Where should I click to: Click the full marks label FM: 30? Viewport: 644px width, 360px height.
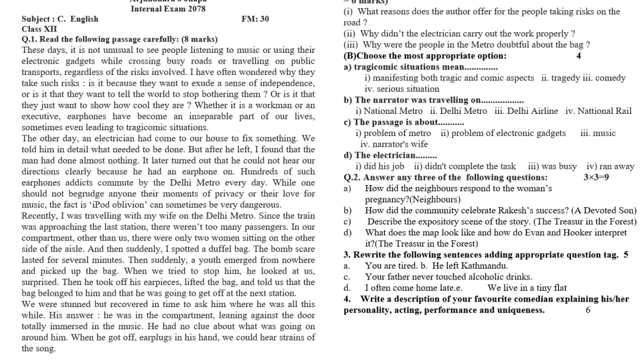pos(255,19)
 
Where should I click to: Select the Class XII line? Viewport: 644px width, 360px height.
pos(40,29)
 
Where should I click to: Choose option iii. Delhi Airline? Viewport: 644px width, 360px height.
pos(526,111)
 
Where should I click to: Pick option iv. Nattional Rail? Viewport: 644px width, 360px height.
pos(598,111)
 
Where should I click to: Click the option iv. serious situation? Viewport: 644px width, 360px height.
pos(402,89)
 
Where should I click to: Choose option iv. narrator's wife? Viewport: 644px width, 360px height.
pos(394,144)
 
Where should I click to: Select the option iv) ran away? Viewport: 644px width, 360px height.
pos(610,166)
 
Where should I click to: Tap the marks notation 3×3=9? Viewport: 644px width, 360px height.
pos(596,177)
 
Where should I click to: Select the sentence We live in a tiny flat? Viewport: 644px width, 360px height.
pos(527,288)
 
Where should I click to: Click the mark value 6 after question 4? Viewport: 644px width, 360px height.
pos(587,310)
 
